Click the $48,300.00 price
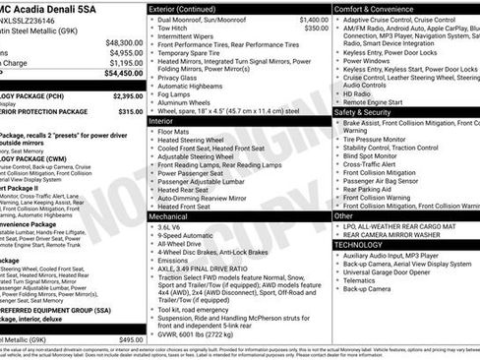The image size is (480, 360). pyautogui.click(x=123, y=43)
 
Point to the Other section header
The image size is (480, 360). pyautogui.click(x=344, y=215)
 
